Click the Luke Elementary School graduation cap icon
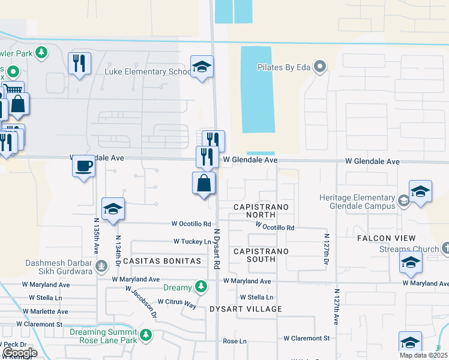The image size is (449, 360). point(202,67)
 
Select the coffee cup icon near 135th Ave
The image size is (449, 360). point(84,165)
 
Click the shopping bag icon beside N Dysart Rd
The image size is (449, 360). point(204,183)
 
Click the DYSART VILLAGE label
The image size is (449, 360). point(246,309)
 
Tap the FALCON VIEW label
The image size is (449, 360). point(387,238)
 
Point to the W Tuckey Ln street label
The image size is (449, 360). point(193,241)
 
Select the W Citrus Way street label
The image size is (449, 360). point(177,303)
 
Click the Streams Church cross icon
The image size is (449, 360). point(445,248)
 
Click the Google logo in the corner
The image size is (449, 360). point(19,353)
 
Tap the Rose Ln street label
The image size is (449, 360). point(235,341)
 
